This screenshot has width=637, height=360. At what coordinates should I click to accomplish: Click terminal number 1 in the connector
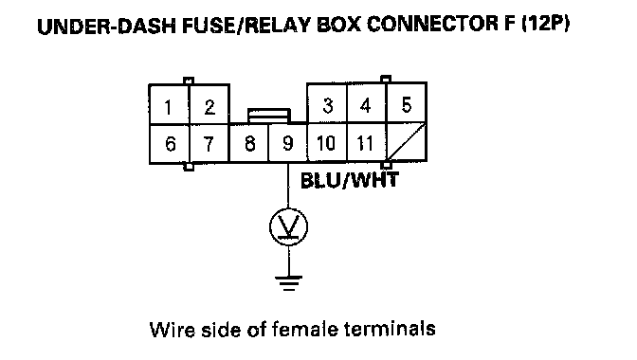click(x=170, y=105)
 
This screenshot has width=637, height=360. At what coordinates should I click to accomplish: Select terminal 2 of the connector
click(x=209, y=105)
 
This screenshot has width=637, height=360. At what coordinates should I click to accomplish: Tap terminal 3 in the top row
click(x=327, y=103)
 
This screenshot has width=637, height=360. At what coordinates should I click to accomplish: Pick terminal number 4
click(x=366, y=103)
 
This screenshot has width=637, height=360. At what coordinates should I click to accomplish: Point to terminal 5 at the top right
click(x=406, y=103)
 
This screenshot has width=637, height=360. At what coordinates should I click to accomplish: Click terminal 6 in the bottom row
click(x=170, y=143)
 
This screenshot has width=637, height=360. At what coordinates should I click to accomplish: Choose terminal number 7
click(x=209, y=143)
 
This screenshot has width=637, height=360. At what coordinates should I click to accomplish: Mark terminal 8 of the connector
click(x=249, y=143)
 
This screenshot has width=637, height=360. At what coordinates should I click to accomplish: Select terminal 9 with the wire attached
click(x=287, y=143)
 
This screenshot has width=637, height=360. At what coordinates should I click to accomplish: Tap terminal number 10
click(x=327, y=142)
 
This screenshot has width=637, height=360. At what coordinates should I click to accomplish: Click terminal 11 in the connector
click(x=366, y=142)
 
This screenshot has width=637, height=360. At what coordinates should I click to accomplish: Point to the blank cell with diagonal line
click(x=406, y=142)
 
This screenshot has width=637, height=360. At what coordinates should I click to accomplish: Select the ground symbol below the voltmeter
click(x=289, y=283)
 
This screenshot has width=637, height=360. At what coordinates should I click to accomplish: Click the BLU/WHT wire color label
click(x=350, y=180)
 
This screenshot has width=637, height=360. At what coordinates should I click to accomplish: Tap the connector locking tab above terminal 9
click(x=269, y=116)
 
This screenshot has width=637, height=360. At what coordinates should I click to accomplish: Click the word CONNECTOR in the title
click(x=432, y=24)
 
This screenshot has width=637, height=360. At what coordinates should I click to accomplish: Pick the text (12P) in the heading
click(x=545, y=24)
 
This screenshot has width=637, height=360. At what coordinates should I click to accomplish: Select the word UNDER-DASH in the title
click(x=107, y=26)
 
